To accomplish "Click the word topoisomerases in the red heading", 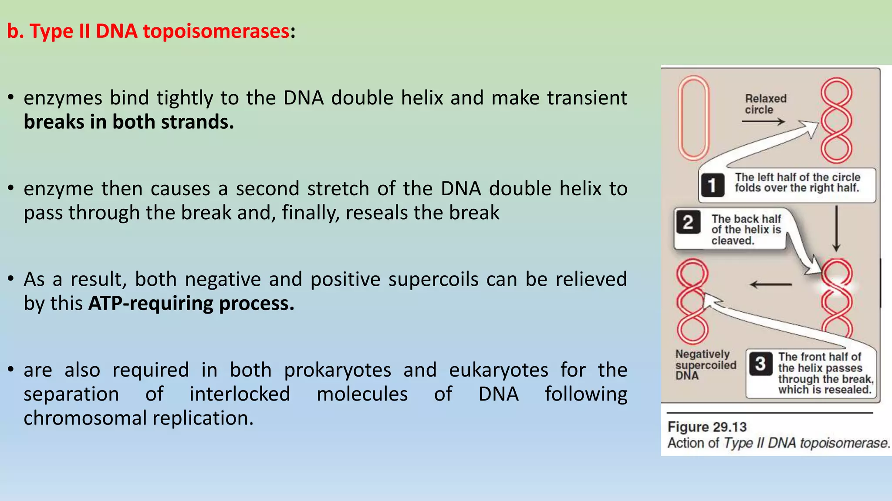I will [216, 32].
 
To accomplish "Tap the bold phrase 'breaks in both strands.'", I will [128, 122].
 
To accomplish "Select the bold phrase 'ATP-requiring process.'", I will [191, 304].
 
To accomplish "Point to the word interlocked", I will [240, 394].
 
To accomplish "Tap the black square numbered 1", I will [713, 185].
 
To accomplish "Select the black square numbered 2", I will [688, 223].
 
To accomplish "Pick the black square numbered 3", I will [760, 364].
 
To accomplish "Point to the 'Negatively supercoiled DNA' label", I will [705, 365].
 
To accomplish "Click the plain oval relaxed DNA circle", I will [693, 118].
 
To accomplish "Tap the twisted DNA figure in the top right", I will [836, 120].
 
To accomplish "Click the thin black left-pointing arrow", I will [771, 285].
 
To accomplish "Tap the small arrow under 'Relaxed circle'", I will [764, 122].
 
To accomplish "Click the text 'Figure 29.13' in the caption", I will [707, 427].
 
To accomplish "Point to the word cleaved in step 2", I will [733, 241].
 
